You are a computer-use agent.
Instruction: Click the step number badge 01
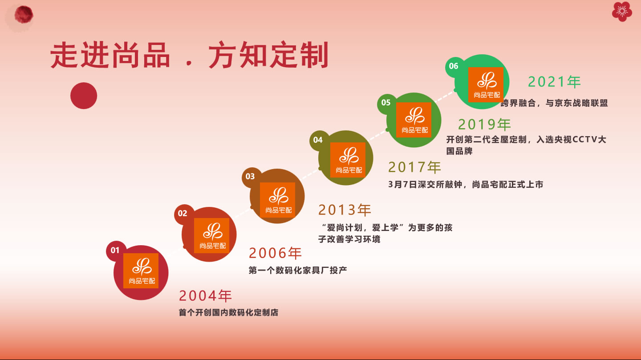point(115,251)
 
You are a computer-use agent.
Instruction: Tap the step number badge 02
point(183,214)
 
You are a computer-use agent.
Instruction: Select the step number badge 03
point(250,177)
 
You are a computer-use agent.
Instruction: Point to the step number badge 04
point(318,140)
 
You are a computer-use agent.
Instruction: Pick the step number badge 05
point(386,102)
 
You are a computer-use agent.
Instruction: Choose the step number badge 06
point(454,66)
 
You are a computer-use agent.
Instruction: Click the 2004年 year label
point(205,295)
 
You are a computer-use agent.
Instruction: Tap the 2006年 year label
point(275,253)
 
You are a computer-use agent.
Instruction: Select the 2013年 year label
point(345,210)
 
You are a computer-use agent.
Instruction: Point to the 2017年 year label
point(414,167)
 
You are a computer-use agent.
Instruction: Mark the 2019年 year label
point(484,125)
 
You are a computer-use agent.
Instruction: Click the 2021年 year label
point(554,82)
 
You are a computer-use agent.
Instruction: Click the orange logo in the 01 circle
point(141,271)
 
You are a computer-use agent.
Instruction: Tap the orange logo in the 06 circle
point(486,85)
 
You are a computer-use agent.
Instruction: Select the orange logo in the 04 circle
point(348,160)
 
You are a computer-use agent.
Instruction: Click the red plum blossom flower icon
point(622,12)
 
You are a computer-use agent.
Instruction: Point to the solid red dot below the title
point(84,96)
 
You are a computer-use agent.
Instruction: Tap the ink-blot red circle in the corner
point(24,15)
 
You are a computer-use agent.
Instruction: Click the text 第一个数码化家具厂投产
point(298,270)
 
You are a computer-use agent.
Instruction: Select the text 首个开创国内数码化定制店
point(228,312)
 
